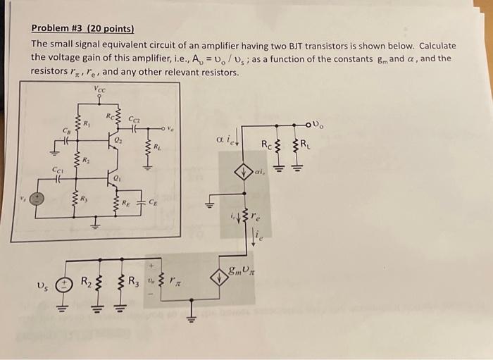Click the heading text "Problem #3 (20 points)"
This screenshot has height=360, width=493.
click(x=82, y=29)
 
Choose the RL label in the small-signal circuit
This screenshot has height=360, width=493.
click(x=305, y=146)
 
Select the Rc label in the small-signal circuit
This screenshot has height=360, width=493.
click(x=266, y=146)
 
